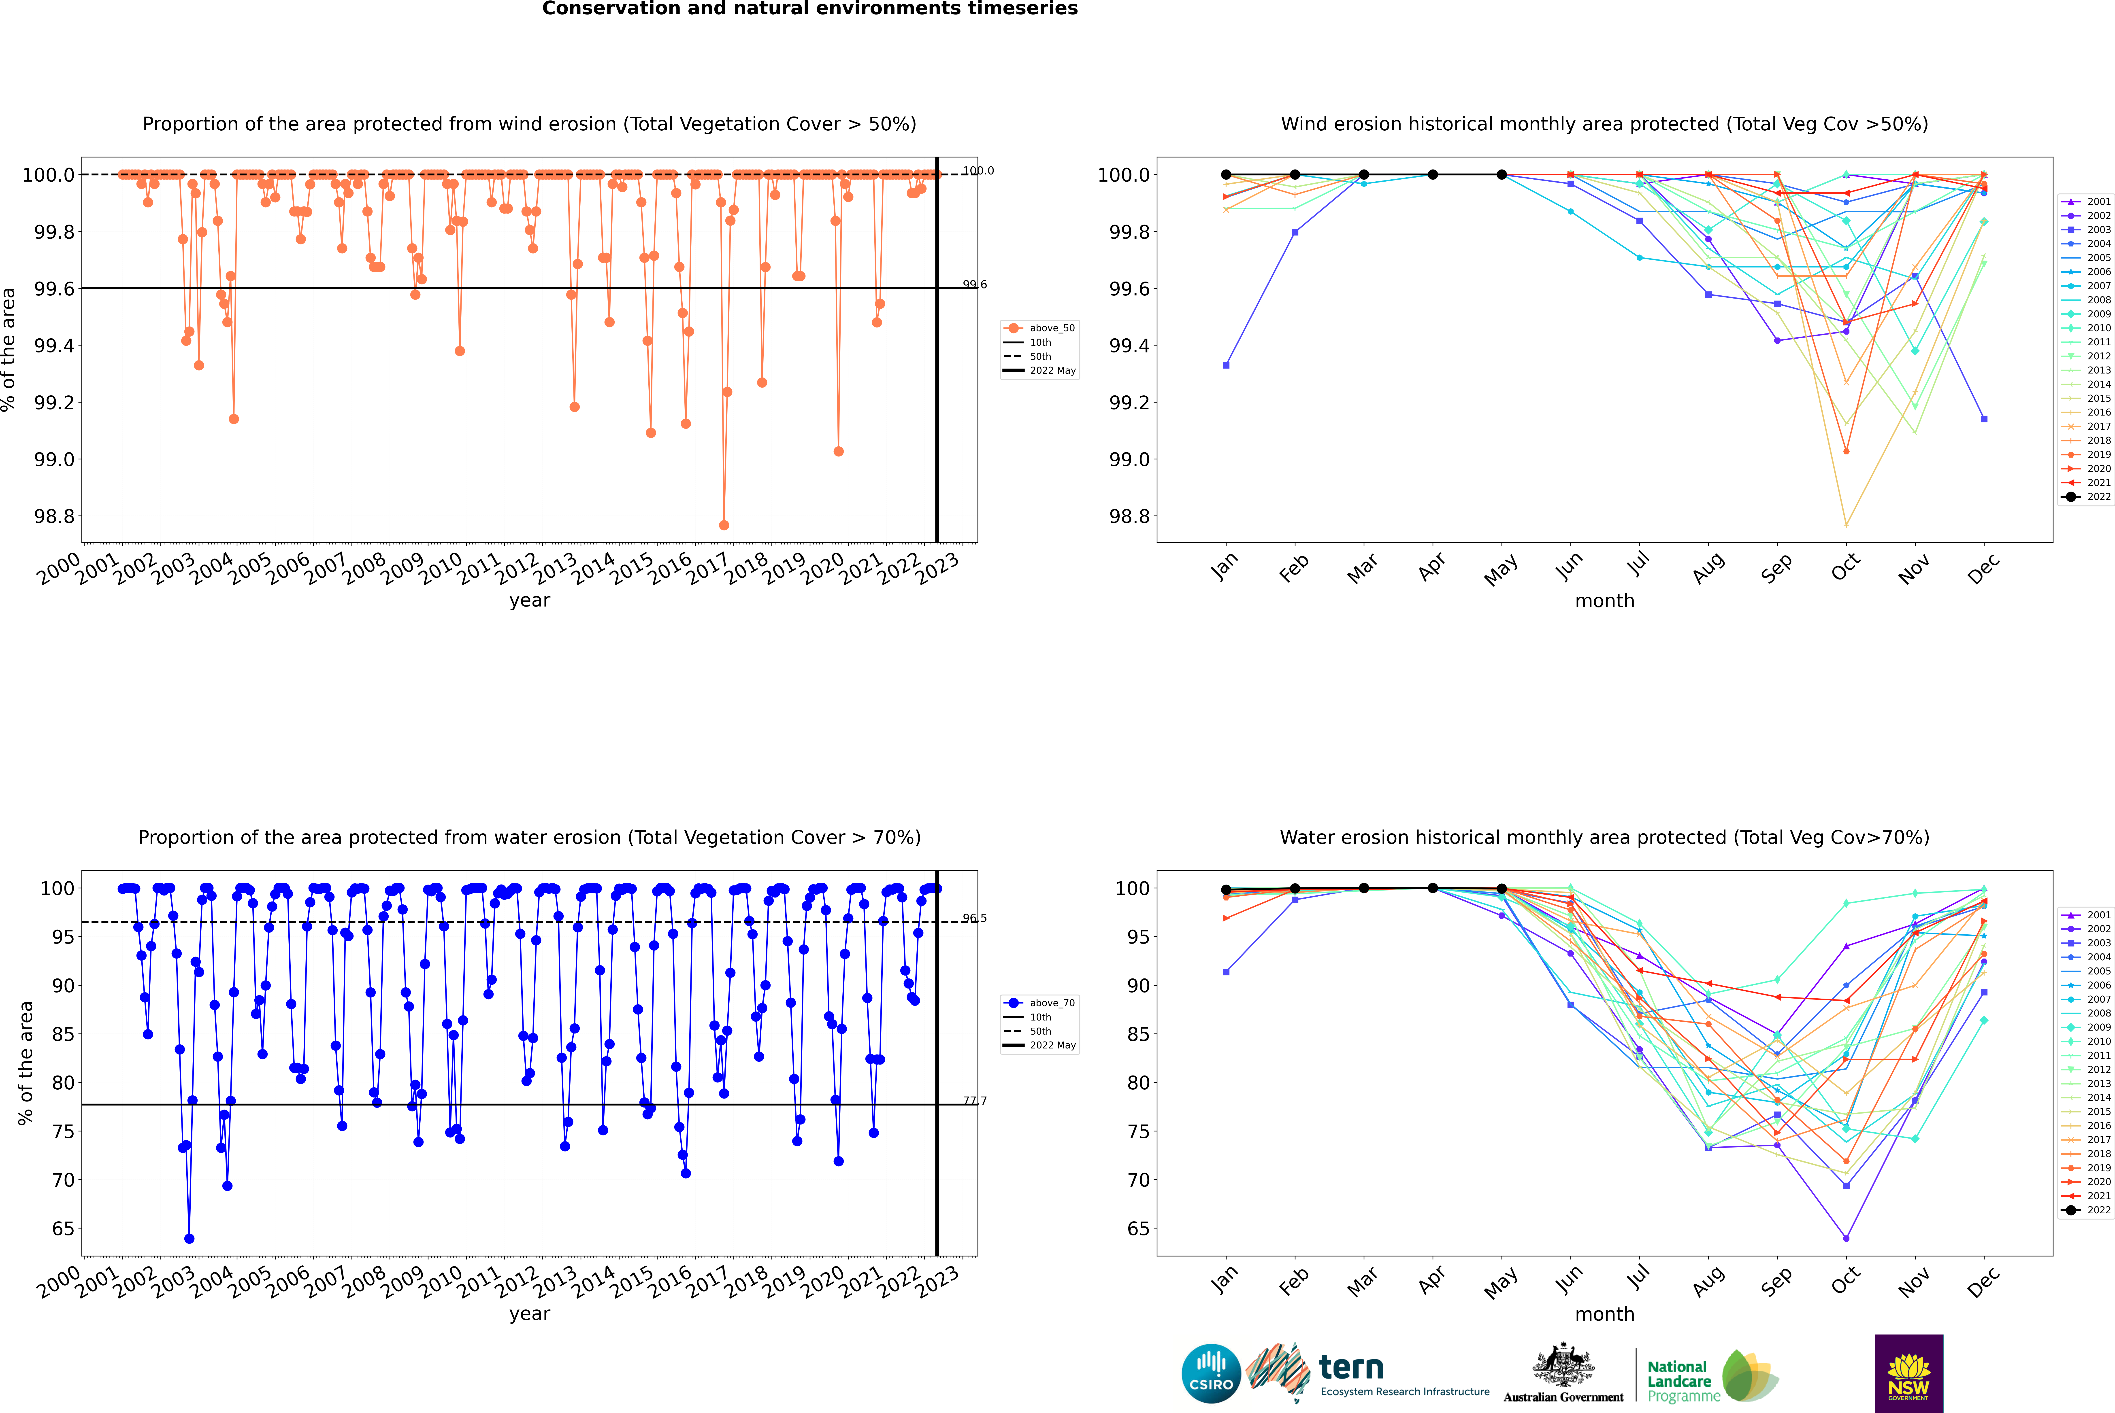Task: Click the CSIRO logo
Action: tap(1211, 1373)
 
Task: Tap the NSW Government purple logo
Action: tap(1908, 1373)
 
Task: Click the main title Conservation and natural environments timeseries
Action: tap(809, 9)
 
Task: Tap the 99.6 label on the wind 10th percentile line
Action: tap(975, 285)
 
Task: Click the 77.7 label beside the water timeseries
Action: tap(975, 1100)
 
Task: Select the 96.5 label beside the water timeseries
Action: tap(975, 918)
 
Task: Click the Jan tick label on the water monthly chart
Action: tap(1224, 1281)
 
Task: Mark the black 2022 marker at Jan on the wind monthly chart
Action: tap(1226, 175)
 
